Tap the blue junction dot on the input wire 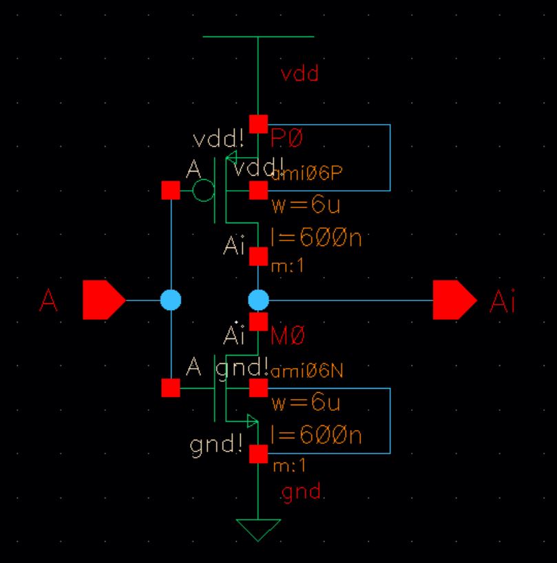click(x=170, y=300)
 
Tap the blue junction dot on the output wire click(x=258, y=300)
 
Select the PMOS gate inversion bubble click(x=203, y=190)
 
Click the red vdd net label click(x=299, y=74)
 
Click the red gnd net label click(x=302, y=493)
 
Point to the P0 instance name click(x=287, y=139)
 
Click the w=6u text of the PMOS click(x=305, y=206)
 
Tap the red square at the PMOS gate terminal click(x=170, y=190)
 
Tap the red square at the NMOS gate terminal click(x=170, y=388)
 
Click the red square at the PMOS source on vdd click(x=258, y=124)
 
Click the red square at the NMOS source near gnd click(x=258, y=454)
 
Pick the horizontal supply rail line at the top click(x=258, y=37)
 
